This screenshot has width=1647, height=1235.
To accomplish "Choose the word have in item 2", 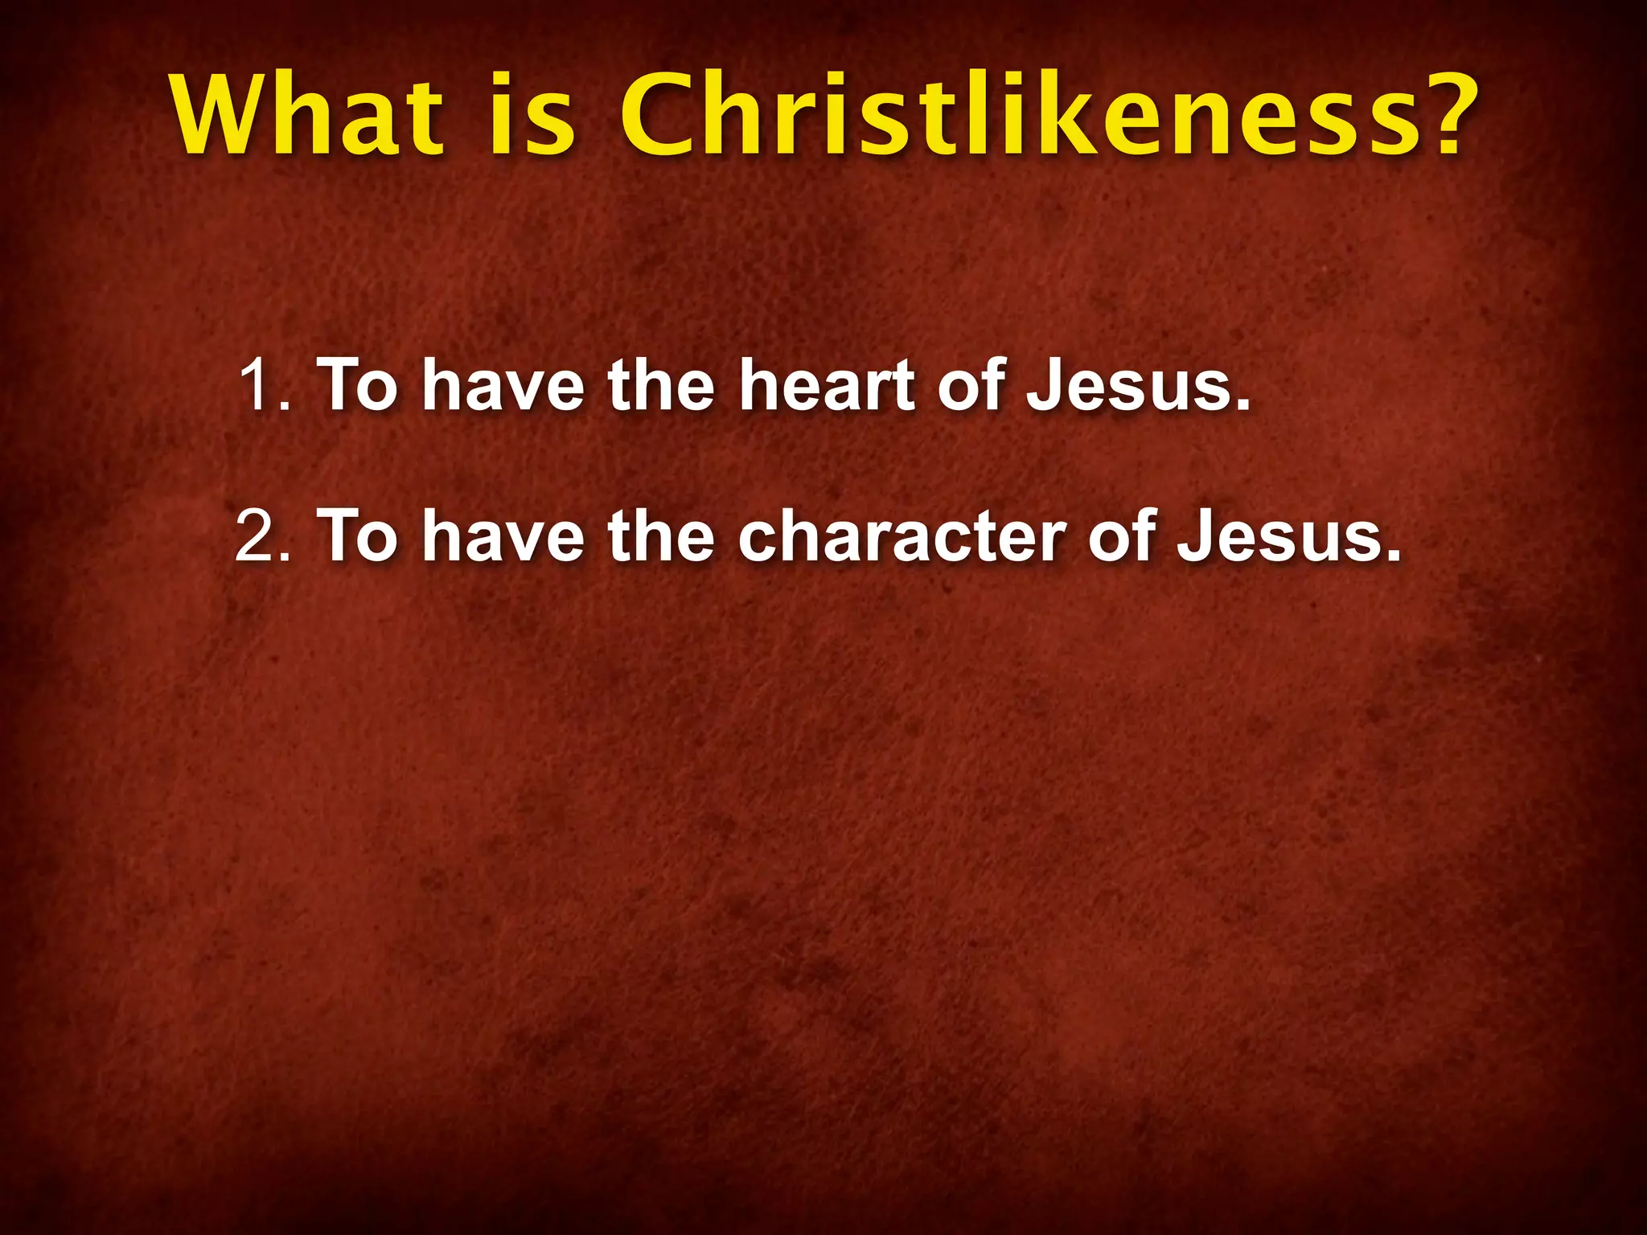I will point(503,537).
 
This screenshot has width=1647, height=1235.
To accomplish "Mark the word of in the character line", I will point(1121,537).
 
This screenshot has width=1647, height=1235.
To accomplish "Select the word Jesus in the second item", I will point(1284,537).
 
